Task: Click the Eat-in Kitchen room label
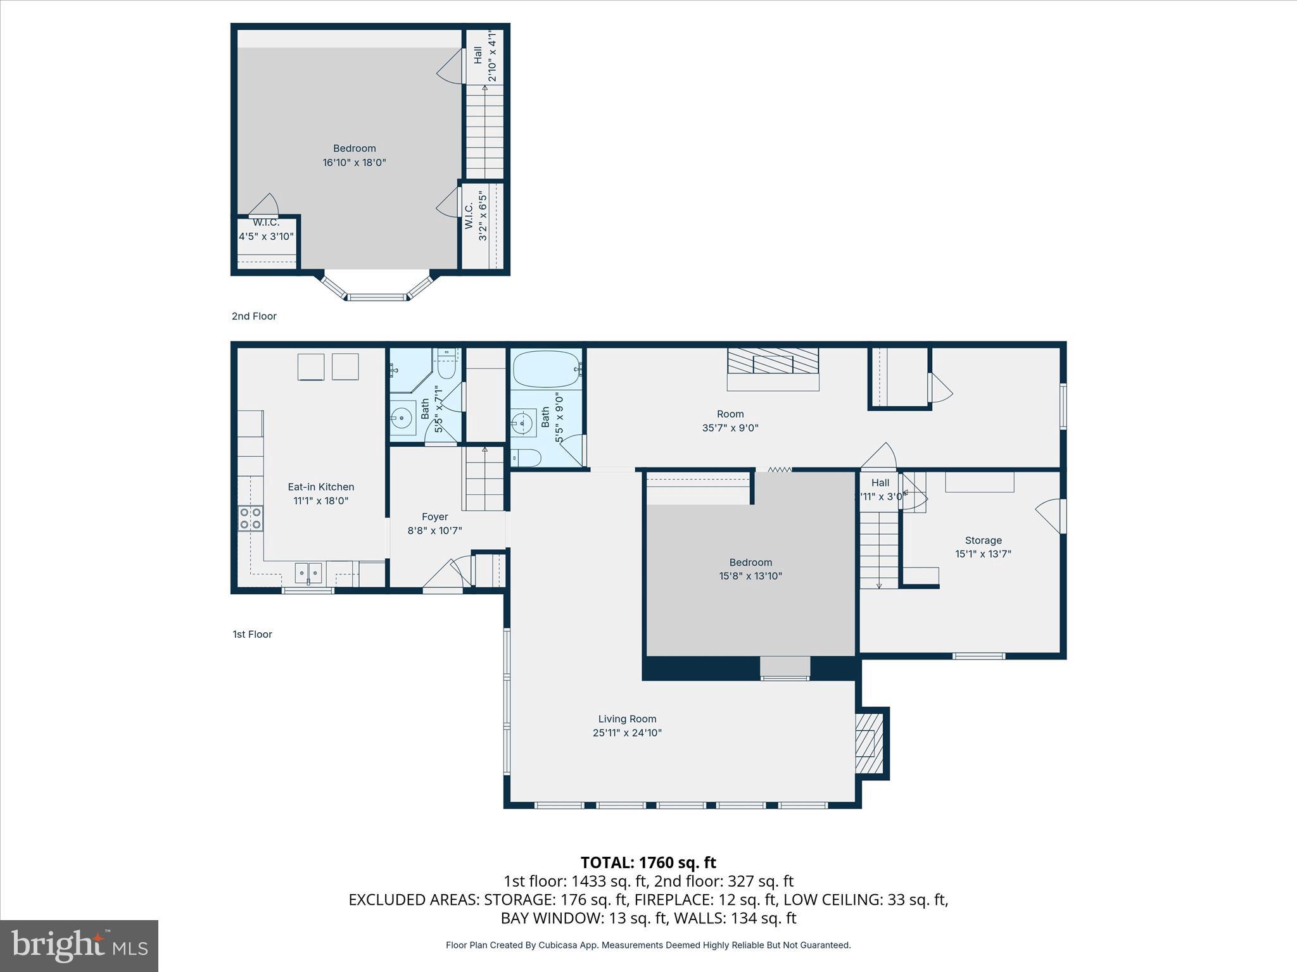pyautogui.click(x=320, y=487)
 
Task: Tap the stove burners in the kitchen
pyautogui.click(x=250, y=518)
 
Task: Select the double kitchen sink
pyautogui.click(x=308, y=573)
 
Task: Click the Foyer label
pyautogui.click(x=434, y=517)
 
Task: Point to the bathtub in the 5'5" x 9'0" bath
pyautogui.click(x=546, y=369)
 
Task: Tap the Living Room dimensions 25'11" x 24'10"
pyautogui.click(x=627, y=733)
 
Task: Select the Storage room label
pyautogui.click(x=983, y=540)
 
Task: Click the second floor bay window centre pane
pyautogui.click(x=377, y=296)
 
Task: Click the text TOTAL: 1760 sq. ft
pyautogui.click(x=648, y=863)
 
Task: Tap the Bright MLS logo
pyautogui.click(x=79, y=945)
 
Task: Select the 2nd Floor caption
pyautogui.click(x=254, y=316)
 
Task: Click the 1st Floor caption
pyautogui.click(x=252, y=634)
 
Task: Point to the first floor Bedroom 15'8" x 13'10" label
pyautogui.click(x=750, y=563)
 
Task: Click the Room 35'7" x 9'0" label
pyautogui.click(x=730, y=414)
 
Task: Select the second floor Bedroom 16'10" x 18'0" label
pyautogui.click(x=354, y=149)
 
